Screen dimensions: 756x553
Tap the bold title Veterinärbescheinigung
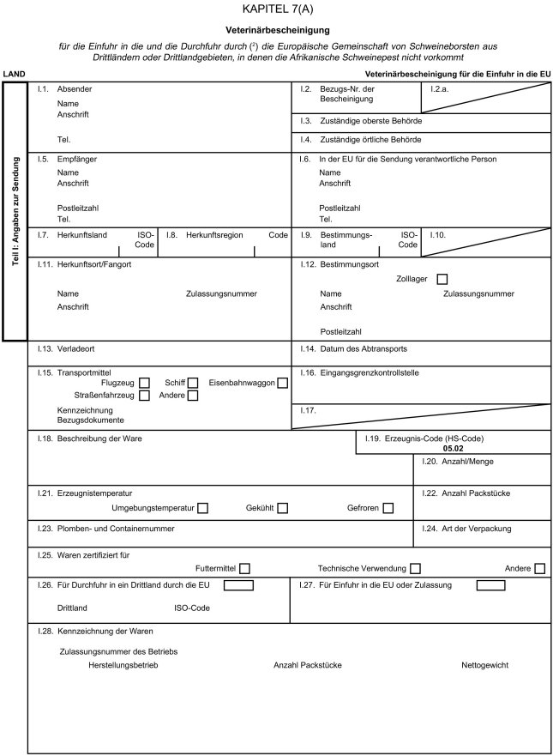tap(277, 30)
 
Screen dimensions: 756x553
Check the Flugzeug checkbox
tap(145, 383)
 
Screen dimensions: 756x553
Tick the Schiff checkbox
tap(194, 383)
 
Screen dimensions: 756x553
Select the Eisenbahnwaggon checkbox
tap(282, 383)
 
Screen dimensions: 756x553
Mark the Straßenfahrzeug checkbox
tap(145, 396)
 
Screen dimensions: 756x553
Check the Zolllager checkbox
tap(442, 279)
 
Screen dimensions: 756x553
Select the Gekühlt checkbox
tap(282, 509)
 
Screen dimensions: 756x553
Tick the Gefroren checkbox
tap(388, 509)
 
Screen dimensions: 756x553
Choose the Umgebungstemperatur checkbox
tap(202, 509)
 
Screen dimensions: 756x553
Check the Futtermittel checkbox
tap(245, 568)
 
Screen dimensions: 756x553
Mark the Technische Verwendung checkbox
tap(416, 568)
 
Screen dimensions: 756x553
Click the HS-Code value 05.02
tap(454, 448)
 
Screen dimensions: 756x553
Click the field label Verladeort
tap(75, 349)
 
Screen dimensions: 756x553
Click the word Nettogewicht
tap(484, 665)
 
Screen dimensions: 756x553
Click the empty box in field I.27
tap(490, 585)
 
